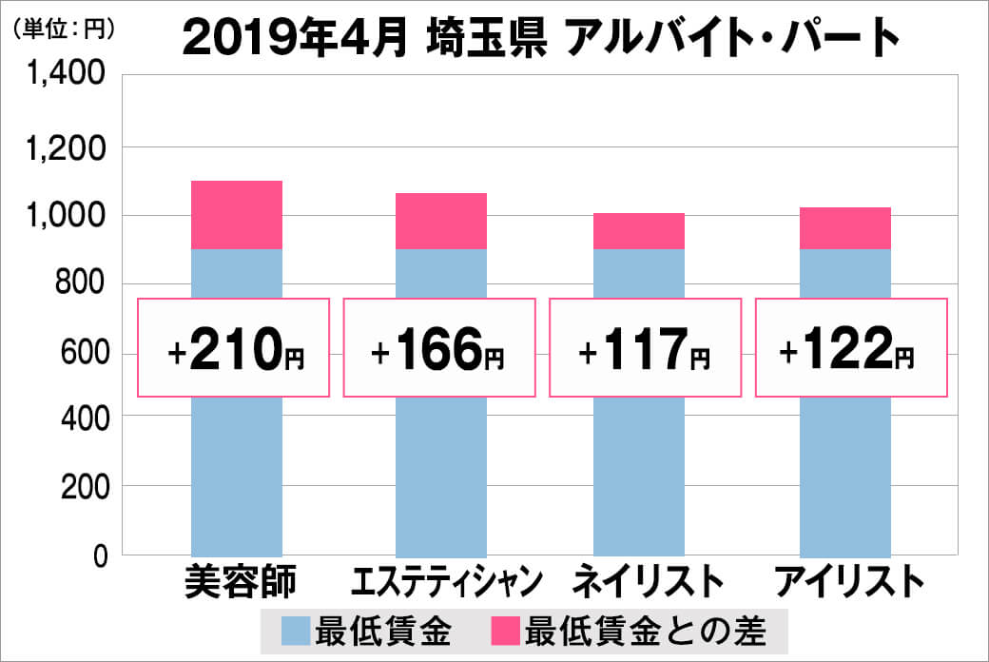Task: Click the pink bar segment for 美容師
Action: tap(237, 215)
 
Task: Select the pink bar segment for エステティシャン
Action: tap(440, 221)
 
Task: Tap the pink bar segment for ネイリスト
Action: tap(638, 231)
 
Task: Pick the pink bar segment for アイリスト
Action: tap(844, 228)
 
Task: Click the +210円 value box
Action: tap(235, 348)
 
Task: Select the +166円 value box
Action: tap(438, 348)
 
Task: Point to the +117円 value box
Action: tap(645, 348)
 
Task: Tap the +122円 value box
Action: tap(851, 348)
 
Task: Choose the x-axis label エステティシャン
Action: tap(447, 581)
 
